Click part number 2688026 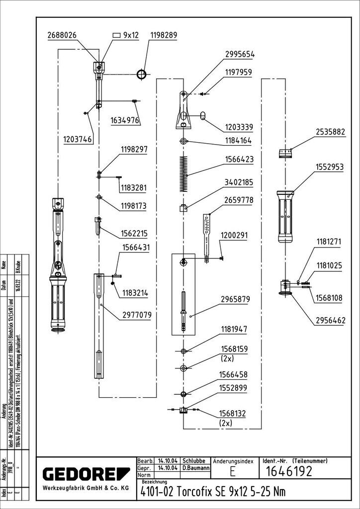62,35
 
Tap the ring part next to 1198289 143,75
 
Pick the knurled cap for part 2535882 285,152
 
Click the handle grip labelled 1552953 286,214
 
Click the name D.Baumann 194,468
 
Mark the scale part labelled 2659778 207,231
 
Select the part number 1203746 78,140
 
